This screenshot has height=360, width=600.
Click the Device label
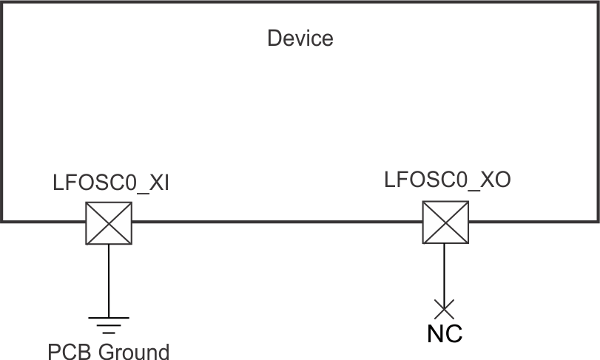coord(300,38)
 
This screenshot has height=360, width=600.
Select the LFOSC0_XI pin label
coord(111,183)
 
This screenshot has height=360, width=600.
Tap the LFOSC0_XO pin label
coord(448,180)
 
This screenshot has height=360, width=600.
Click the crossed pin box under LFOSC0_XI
coord(109,223)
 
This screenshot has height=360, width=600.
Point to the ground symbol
coord(109,325)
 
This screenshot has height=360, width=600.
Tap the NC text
coord(445,334)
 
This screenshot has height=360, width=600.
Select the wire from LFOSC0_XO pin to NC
coord(445,274)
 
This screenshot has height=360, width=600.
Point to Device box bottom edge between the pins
coord(277,220)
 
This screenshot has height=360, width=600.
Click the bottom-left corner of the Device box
coord(2,220)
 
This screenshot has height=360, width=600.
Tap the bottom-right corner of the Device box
coord(598,220)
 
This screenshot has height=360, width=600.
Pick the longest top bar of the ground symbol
coord(109,318)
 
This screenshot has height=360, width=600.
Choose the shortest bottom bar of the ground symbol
coord(109,331)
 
